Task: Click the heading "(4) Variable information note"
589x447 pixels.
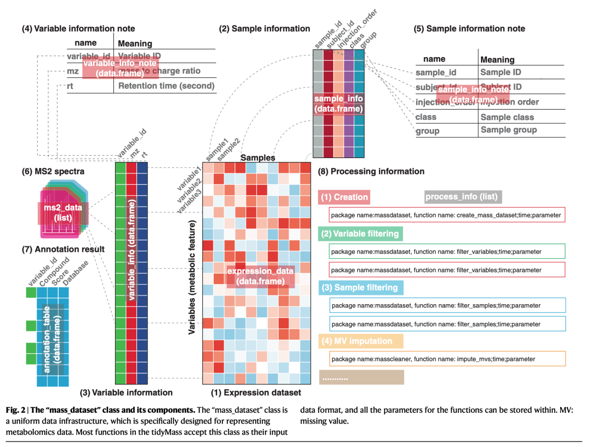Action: pyautogui.click(x=78, y=28)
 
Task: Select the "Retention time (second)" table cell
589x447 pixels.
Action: pyautogui.click(x=166, y=86)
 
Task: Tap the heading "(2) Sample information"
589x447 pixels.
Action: pyautogui.click(x=265, y=28)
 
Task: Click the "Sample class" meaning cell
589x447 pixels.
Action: pyautogui.click(x=507, y=117)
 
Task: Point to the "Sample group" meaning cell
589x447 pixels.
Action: pyautogui.click(x=508, y=130)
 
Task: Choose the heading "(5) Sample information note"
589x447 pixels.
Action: pyautogui.click(x=470, y=28)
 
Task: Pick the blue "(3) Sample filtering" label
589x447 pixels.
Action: pyautogui.click(x=360, y=287)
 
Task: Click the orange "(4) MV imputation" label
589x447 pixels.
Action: pyautogui.click(x=360, y=341)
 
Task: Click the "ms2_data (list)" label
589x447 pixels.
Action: pyautogui.click(x=59, y=213)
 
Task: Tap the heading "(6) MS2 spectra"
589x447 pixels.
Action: pyautogui.click(x=53, y=171)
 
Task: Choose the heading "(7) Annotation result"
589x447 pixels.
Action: pyautogui.click(x=63, y=249)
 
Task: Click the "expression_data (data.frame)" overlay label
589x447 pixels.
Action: pyautogui.click(x=260, y=276)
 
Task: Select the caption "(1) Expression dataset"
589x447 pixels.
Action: pyautogui.click(x=256, y=392)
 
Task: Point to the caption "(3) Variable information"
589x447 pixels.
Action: pyautogui.click(x=126, y=392)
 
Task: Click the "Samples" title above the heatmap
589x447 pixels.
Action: pyautogui.click(x=258, y=158)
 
